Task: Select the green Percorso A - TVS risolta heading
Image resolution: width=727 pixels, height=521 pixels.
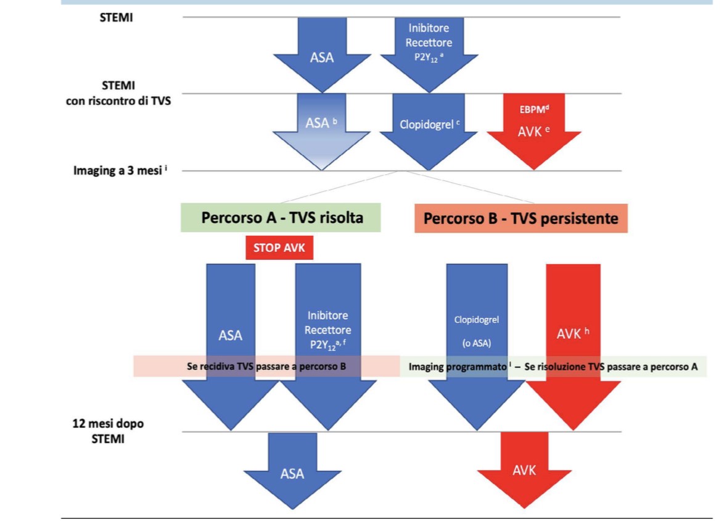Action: (281, 219)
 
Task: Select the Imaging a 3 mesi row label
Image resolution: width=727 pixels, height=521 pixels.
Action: (118, 170)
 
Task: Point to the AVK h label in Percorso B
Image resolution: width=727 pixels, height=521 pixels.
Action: (573, 333)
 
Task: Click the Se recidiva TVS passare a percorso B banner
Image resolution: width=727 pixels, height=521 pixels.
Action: (266, 366)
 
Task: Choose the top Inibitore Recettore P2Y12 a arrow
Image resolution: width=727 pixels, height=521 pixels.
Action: (430, 43)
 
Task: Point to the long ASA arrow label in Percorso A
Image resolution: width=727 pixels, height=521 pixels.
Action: (231, 336)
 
